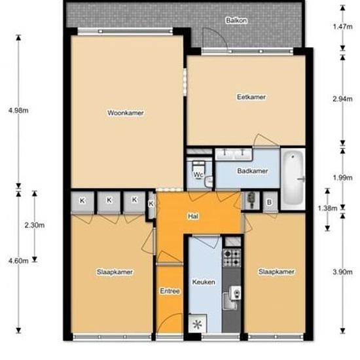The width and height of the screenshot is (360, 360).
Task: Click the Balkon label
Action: point(236,20)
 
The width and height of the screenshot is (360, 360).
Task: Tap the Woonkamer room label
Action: point(126,113)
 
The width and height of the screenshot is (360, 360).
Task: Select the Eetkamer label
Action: point(251,97)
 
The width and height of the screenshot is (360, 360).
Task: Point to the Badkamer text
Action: point(253,171)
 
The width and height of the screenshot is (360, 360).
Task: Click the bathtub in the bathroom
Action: point(293,179)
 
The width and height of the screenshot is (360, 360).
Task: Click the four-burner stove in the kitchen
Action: point(232,258)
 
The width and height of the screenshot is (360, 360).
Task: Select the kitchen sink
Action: point(232,298)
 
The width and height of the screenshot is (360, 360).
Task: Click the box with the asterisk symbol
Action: point(197,324)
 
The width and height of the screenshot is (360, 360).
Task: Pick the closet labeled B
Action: point(270,202)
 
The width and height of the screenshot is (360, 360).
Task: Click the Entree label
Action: point(170,291)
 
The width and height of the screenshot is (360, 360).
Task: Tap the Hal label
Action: point(193,216)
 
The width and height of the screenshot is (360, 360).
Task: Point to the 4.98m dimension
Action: point(18,111)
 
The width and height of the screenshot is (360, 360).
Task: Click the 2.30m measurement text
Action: point(35,225)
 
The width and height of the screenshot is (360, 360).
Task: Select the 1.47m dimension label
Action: point(342,27)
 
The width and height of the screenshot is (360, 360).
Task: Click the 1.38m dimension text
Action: point(327,208)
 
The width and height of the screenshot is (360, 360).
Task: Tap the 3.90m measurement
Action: point(342,272)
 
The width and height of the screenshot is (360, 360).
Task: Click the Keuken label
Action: point(204,282)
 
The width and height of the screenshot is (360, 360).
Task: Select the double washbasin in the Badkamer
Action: point(234,154)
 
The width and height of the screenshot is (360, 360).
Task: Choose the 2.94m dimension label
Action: point(342,99)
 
